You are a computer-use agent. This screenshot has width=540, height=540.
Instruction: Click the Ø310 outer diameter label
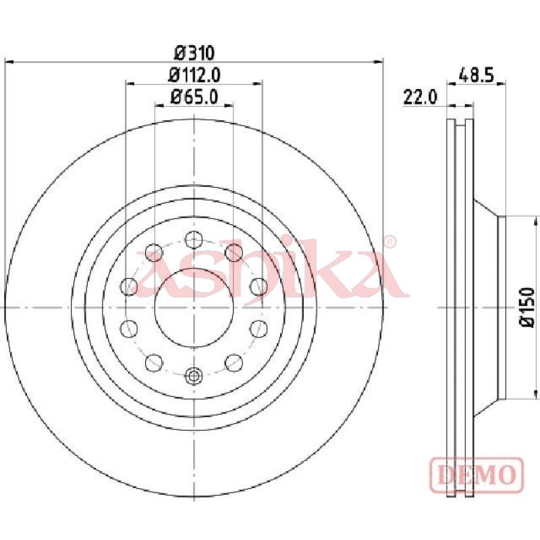tap(194, 53)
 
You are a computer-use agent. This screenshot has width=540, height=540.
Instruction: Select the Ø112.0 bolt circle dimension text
tap(194, 75)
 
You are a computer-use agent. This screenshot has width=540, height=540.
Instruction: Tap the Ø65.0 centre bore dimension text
tap(194, 97)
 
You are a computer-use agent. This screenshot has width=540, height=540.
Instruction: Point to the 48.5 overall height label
tap(477, 75)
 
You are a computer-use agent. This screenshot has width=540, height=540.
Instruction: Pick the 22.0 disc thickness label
tap(420, 97)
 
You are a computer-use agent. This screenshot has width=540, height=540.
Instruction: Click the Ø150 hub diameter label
tap(527, 307)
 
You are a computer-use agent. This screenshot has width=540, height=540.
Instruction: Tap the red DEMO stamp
tap(477, 475)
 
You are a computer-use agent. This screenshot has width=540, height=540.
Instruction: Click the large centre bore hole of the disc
tap(194, 307)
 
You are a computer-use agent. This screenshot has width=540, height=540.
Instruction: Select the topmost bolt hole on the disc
tap(194, 240)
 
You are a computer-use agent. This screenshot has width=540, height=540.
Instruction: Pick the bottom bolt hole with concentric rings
tap(194, 376)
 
